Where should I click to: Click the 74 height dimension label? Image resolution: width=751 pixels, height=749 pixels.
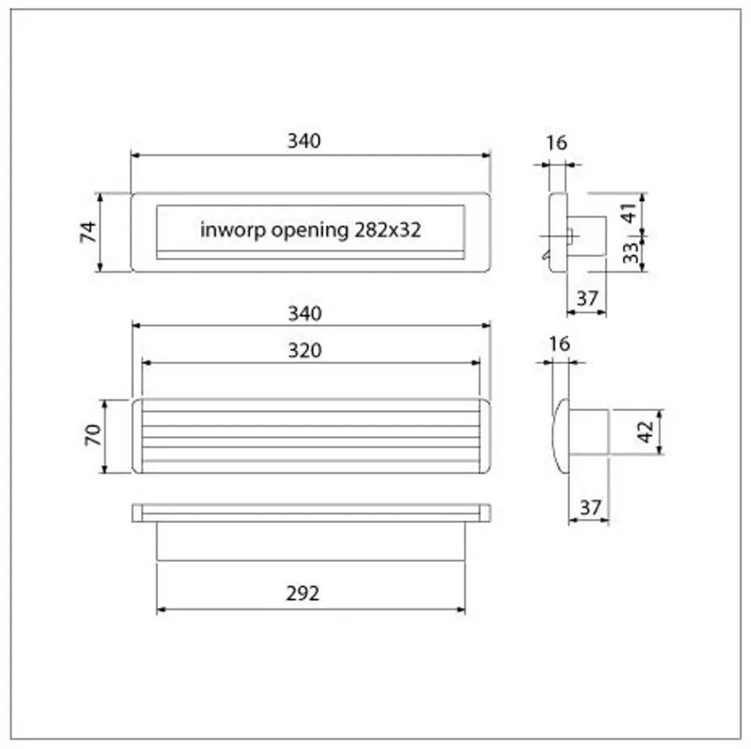click(88, 232)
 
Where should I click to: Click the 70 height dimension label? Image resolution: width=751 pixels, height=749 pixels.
click(93, 435)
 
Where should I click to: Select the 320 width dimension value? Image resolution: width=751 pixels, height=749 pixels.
click(305, 351)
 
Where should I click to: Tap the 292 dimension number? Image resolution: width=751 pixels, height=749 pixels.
click(302, 593)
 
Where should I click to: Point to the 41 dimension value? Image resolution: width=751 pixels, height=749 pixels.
click(629, 213)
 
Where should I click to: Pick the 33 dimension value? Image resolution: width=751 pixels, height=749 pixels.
click(630, 252)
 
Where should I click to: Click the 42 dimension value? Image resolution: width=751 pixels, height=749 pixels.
click(645, 432)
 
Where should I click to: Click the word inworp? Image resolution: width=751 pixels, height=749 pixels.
click(233, 229)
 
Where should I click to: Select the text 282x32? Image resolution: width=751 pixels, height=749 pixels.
click(387, 230)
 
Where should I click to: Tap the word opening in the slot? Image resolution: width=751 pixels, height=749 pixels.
click(310, 231)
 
